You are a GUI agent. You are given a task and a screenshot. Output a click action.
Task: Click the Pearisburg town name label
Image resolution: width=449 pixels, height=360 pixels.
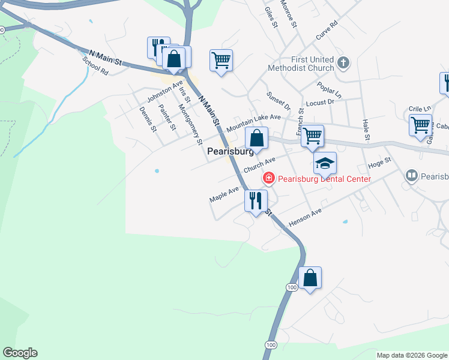pyautogui.click(x=230, y=152)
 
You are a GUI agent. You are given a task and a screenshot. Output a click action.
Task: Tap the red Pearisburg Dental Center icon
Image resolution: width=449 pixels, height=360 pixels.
pyautogui.click(x=268, y=178)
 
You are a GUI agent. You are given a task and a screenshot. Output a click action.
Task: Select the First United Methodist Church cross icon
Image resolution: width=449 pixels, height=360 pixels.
pyautogui.click(x=343, y=62)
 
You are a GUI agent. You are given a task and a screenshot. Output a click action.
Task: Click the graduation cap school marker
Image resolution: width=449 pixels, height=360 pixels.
pyautogui.click(x=325, y=163)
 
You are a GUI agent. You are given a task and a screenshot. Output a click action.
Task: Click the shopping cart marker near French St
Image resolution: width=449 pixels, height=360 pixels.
pyautogui.click(x=312, y=136)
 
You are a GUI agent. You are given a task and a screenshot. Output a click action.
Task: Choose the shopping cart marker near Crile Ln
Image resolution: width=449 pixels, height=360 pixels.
pyautogui.click(x=420, y=125)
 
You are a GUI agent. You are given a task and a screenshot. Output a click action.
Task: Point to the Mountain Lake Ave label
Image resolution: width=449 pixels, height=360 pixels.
pyautogui.click(x=253, y=123)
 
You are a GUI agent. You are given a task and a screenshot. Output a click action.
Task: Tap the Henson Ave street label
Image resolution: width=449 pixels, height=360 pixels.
pyautogui.click(x=305, y=218)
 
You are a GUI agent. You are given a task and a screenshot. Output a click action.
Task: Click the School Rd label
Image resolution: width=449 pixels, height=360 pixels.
pyautogui.click(x=95, y=67)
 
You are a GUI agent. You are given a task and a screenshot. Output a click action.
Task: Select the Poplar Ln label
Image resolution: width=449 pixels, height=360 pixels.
pyautogui.click(x=329, y=90)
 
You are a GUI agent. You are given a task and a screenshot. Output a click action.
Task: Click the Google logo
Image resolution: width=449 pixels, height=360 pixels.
pyautogui.click(x=20, y=353)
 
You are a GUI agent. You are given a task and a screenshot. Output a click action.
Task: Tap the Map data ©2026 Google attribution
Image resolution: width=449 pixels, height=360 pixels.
pyautogui.click(x=412, y=355)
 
